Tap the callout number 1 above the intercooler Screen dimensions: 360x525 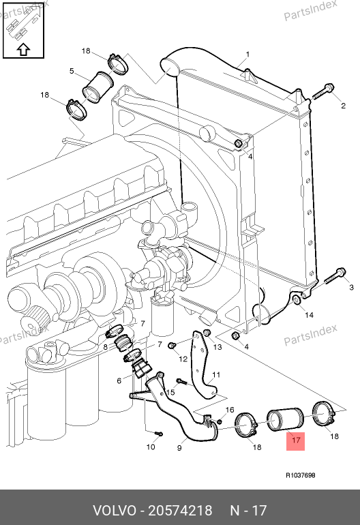point(247,55)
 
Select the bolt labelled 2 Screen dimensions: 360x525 point(323,91)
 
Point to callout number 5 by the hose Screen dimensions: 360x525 point(72,71)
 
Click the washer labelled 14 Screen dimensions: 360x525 point(297,299)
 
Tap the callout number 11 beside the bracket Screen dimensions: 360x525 point(216,374)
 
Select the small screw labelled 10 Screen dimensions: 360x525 point(159,434)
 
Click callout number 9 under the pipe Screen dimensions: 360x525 point(179,448)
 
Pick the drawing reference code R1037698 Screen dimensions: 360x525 point(301,475)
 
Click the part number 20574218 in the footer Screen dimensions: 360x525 point(180,511)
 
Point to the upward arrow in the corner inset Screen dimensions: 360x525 point(23,49)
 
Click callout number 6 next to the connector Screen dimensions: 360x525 point(119,380)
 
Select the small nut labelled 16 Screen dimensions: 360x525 point(220,421)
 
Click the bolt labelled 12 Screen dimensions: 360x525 point(172,345)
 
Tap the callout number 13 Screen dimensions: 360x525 point(217,347)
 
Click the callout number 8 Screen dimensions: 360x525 point(105,347)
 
